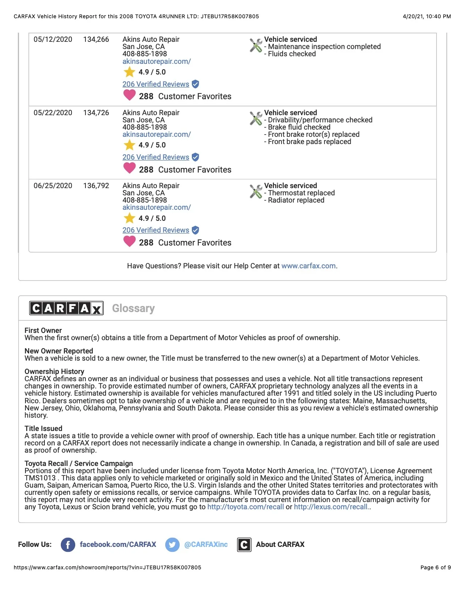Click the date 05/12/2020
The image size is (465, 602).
[x=53, y=40]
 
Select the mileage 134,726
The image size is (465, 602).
[x=96, y=113]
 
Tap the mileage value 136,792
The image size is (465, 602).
[x=96, y=186]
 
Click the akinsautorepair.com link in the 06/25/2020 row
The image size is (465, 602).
[x=157, y=208]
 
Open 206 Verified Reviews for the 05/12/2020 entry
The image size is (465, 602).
[x=156, y=84]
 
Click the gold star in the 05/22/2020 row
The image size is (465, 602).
[x=130, y=145]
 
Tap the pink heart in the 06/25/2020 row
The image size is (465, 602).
[x=130, y=241]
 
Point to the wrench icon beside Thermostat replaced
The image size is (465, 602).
[x=256, y=191]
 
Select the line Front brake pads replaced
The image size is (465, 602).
[x=309, y=142]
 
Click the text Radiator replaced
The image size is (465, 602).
[x=296, y=200]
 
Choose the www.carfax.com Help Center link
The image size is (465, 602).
[x=308, y=266]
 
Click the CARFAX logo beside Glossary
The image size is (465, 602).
[x=66, y=308]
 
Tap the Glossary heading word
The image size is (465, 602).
[x=133, y=308]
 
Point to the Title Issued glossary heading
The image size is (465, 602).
[x=43, y=429]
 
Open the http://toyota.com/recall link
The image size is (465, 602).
[x=245, y=507]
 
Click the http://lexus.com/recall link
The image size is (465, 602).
[x=331, y=507]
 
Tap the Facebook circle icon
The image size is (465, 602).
[x=68, y=545]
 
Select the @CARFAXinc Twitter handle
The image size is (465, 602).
[x=206, y=545]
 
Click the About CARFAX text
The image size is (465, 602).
[x=280, y=545]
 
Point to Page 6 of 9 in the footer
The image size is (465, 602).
[x=435, y=568]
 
